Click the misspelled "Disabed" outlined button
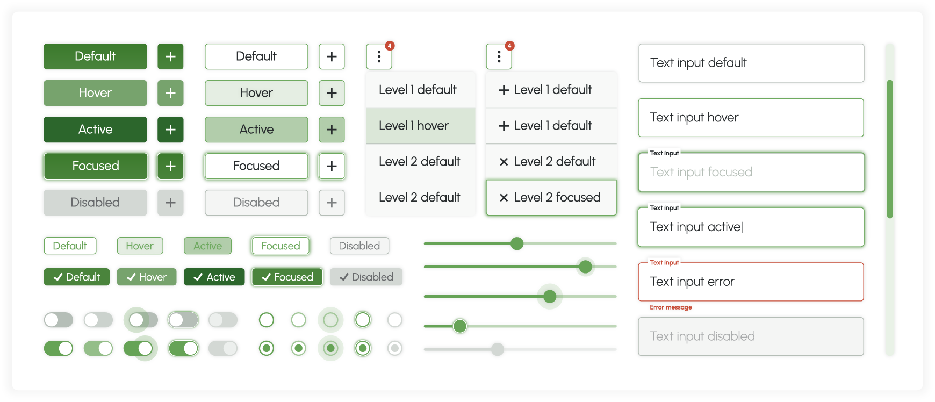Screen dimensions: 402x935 [256, 203]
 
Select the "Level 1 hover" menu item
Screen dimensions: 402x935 [420, 126]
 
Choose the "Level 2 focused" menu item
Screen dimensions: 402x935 [551, 198]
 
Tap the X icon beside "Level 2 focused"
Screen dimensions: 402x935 [504, 198]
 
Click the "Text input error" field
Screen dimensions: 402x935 [751, 282]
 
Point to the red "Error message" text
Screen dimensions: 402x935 [671, 307]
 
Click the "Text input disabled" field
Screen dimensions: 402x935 [751, 336]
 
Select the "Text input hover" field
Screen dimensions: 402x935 [751, 118]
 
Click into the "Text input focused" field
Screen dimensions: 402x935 [751, 173]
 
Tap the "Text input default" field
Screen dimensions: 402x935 [751, 63]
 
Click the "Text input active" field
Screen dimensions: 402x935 [751, 227]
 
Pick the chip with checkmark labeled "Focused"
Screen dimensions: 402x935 [287, 277]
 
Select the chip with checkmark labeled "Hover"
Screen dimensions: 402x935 [147, 277]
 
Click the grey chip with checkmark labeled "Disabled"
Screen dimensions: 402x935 [366, 277]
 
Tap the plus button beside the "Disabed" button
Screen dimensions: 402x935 [332, 203]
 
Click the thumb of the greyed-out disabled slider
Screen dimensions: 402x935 [498, 349]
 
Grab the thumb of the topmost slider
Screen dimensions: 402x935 [517, 243]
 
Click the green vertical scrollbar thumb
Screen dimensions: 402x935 [890, 149]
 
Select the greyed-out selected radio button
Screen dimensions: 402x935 [395, 348]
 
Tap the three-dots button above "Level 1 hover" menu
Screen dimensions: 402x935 [379, 56]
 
